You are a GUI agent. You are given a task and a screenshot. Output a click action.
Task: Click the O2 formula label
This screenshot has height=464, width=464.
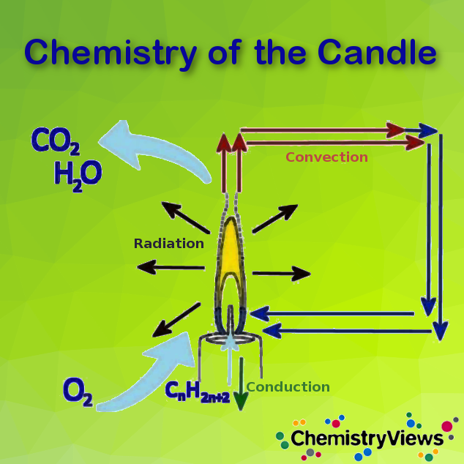point(78,391)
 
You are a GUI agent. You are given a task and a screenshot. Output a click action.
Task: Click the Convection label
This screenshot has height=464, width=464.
point(326,157)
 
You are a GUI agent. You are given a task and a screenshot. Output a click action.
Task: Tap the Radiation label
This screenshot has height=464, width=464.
point(168,244)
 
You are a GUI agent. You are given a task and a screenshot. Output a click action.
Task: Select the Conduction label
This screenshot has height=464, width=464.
point(288,387)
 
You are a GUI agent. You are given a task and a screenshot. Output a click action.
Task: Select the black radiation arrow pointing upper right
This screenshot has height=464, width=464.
point(275,217)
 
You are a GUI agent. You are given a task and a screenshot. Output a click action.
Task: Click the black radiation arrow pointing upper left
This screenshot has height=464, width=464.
point(183,218)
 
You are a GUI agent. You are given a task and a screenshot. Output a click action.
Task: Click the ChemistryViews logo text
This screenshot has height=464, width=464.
point(367,438)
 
